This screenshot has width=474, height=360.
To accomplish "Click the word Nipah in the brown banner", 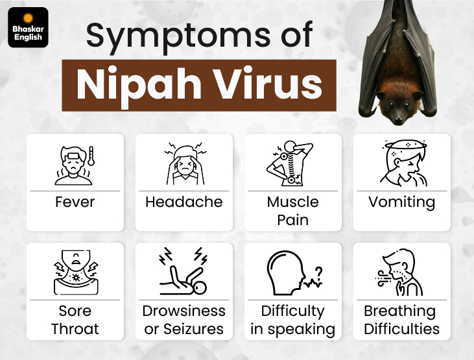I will pyautogui.click(x=131, y=86).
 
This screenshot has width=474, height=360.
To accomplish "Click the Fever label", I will pyautogui.click(x=75, y=202).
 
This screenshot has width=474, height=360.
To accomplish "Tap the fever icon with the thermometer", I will pyautogui.click(x=75, y=166).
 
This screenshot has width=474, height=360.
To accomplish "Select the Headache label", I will pyautogui.click(x=184, y=202).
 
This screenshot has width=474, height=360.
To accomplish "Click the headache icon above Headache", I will pyautogui.click(x=184, y=166).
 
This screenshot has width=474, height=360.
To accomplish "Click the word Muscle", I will pyautogui.click(x=292, y=202).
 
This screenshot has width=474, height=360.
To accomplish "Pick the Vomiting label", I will pyautogui.click(x=401, y=202).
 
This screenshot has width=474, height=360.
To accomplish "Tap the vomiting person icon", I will pyautogui.click(x=401, y=166).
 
